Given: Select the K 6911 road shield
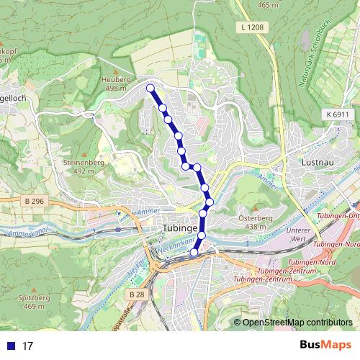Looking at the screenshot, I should pyautogui.click(x=336, y=114).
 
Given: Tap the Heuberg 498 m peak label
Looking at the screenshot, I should pyautogui.click(x=116, y=84).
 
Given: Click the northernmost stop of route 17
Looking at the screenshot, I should pyautogui.click(x=150, y=89).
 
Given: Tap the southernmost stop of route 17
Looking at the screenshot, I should pyautogui.click(x=194, y=253).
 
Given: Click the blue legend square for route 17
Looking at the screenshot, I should pyautogui.click(x=9, y=346).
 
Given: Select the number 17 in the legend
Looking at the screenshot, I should pyautogui.click(x=29, y=346).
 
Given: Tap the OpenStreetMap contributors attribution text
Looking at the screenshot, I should pyautogui.click(x=297, y=322).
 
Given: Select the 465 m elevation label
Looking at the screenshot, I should pyautogui.click(x=267, y=5).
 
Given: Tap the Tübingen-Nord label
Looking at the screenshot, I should pyautogui.click(x=333, y=244).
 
